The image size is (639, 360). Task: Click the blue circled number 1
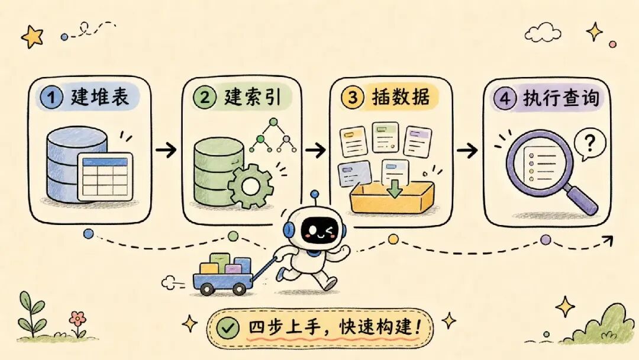tap(51, 98)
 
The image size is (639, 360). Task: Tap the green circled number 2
tap(204, 97)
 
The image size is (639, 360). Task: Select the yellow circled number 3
tap(353, 98)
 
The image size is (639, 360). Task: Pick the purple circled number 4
tap(505, 98)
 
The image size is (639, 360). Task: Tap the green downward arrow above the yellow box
tap(394, 188)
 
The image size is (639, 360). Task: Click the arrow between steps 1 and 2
tap(166, 150)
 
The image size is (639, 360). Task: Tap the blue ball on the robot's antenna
tap(314, 194)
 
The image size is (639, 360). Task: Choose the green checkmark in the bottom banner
tap(227, 327)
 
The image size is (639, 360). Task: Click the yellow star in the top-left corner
tap(32, 37)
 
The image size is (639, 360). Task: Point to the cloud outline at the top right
tap(543, 32)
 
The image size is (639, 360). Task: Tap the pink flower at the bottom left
tap(78, 319)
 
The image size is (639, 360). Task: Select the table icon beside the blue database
tap(105, 176)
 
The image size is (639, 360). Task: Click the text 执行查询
tap(561, 98)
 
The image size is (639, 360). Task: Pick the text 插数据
tap(401, 97)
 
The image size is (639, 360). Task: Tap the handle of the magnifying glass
tap(582, 198)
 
